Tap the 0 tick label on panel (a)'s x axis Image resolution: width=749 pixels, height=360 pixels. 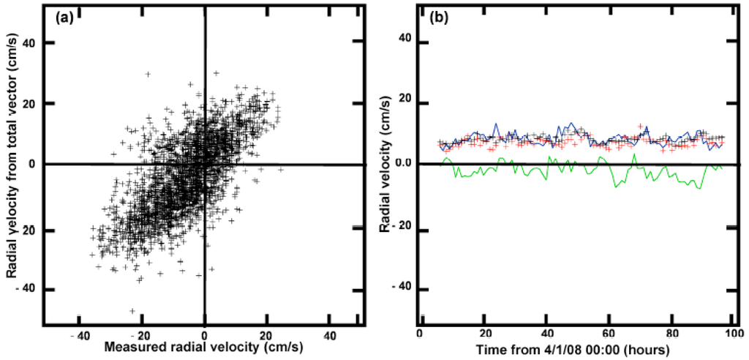click(205, 335)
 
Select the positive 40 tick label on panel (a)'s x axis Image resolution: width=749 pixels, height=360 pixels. click(330, 335)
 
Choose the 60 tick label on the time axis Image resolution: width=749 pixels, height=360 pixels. click(609, 335)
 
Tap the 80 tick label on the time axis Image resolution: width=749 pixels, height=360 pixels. click(671, 335)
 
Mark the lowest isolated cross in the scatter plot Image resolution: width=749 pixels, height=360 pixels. click(132, 311)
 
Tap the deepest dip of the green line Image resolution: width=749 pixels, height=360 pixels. click(700, 189)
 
